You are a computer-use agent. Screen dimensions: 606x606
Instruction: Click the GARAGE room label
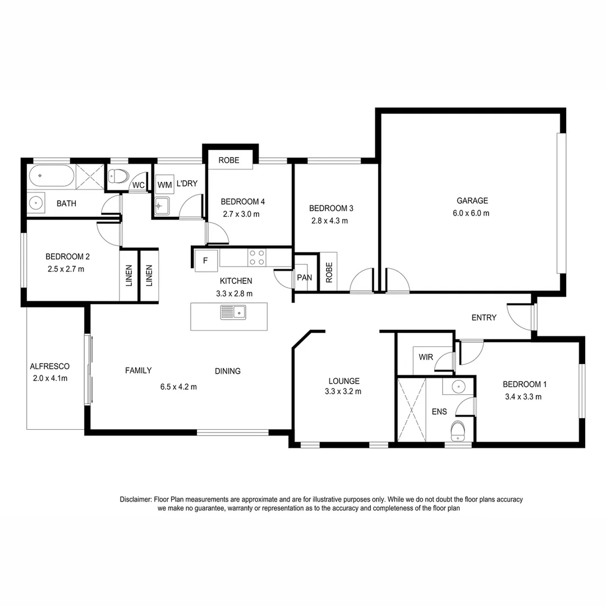[x=472, y=200]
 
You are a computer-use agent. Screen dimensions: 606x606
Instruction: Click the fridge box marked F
[x=205, y=260]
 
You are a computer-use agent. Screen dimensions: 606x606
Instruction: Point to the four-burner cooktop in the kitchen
[x=257, y=258]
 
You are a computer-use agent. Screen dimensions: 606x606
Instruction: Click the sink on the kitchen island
[x=233, y=312]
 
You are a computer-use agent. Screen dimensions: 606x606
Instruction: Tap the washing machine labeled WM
[x=164, y=184]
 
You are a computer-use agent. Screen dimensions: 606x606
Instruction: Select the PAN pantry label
[x=305, y=278]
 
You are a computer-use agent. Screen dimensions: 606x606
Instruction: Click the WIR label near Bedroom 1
[x=425, y=356]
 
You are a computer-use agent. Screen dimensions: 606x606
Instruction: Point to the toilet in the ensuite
[x=458, y=431]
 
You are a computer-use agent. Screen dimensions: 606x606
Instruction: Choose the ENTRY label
[x=484, y=318]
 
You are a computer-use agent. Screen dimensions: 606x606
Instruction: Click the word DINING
[x=227, y=371]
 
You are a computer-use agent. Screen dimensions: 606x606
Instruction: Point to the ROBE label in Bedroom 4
[x=229, y=160]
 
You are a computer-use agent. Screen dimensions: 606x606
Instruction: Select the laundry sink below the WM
[x=162, y=205]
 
